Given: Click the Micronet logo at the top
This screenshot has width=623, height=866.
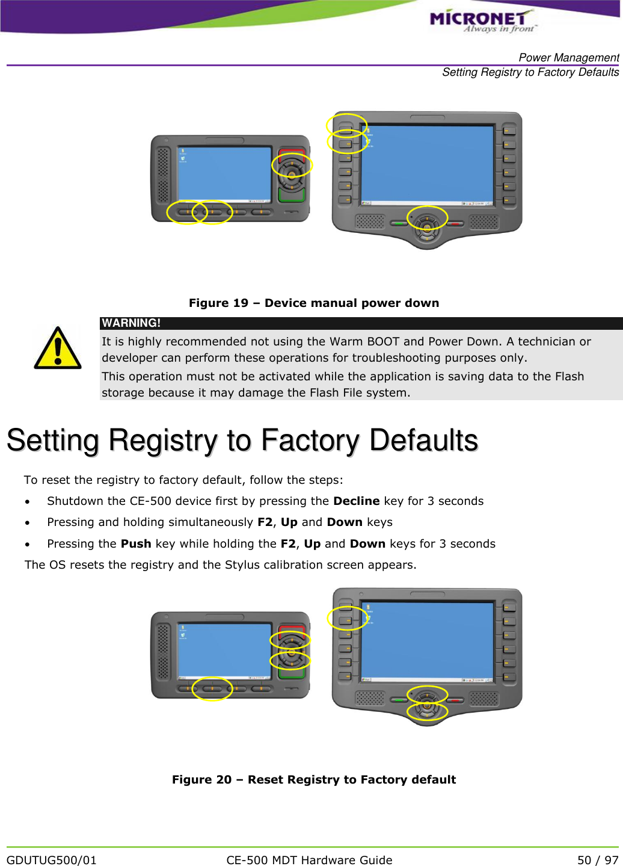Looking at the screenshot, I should [481, 20].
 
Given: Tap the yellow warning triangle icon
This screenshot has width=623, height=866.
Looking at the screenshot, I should [57, 348].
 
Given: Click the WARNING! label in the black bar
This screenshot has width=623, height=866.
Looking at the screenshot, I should [131, 323].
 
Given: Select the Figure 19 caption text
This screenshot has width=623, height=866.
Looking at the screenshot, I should [314, 303].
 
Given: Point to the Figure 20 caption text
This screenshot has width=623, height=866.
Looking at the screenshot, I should [314, 779].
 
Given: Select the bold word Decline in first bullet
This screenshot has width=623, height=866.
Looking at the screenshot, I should [356, 501].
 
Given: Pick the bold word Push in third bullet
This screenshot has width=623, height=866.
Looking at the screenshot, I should [136, 543].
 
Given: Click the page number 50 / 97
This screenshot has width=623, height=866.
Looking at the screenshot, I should [597, 860].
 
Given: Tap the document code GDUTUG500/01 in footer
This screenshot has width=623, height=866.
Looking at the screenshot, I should [52, 860].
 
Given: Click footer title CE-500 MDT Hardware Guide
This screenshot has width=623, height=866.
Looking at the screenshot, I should [309, 860].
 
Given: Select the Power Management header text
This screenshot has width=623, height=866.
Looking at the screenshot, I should [568, 58].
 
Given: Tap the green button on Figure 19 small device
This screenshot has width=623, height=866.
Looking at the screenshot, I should [292, 195].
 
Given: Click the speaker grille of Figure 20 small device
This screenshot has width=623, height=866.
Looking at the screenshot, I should [163, 652].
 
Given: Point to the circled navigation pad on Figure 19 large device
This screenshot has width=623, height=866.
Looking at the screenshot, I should [427, 220].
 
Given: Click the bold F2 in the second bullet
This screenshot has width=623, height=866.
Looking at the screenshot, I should [265, 522].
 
